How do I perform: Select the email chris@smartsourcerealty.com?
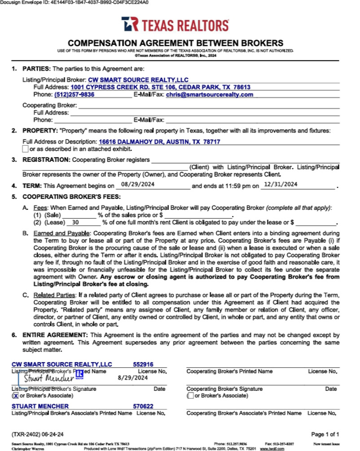click(209, 95)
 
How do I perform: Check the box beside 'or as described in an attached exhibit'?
click(26, 149)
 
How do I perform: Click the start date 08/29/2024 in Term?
click(134, 185)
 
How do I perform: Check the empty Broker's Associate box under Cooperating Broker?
click(190, 396)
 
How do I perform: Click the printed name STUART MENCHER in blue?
click(40, 406)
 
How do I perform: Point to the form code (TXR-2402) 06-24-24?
click(38, 434)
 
